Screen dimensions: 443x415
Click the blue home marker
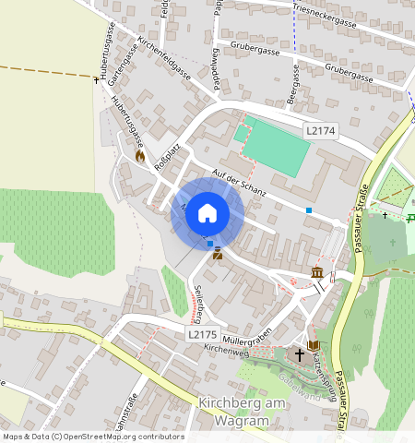click(x=207, y=213)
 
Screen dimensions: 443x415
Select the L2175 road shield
click(x=201, y=333)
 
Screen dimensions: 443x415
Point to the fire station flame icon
click(x=140, y=156)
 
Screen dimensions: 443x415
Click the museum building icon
click(x=317, y=273)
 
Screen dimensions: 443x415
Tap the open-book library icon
click(x=313, y=344)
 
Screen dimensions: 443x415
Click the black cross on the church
click(x=299, y=354)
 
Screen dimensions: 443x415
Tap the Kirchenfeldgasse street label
click(x=163, y=58)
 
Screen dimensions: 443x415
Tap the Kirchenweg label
click(x=227, y=349)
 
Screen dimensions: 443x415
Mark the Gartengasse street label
click(x=117, y=67)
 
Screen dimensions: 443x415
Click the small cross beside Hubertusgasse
click(x=97, y=80)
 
